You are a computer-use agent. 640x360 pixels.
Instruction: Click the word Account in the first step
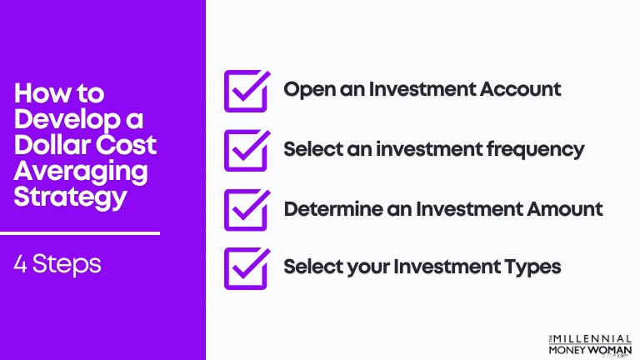[x=520, y=89]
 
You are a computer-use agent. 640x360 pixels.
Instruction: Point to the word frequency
[x=536, y=150]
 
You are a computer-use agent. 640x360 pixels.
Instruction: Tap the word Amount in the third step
[x=564, y=209]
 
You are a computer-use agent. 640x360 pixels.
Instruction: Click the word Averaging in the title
[x=80, y=172]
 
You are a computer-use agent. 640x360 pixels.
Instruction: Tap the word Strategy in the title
[x=70, y=198]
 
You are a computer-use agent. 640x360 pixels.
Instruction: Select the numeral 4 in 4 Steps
[x=20, y=264]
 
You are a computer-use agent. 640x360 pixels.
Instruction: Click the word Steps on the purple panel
[x=67, y=264]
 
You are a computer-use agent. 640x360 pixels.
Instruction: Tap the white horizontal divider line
[x=80, y=233]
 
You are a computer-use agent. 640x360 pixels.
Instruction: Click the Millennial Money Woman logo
[x=590, y=345]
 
